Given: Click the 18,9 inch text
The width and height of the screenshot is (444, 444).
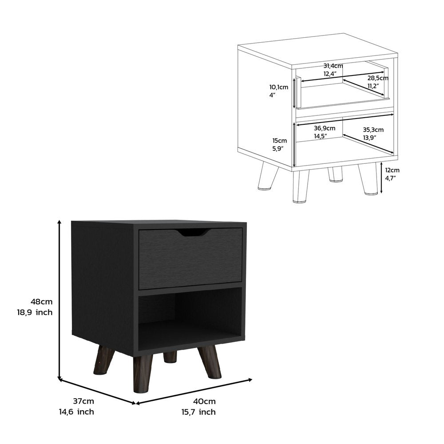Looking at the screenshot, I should (35, 312).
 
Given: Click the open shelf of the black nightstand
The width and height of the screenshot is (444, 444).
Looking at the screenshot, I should (190, 317).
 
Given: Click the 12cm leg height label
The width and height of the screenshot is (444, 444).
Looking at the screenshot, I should (392, 170).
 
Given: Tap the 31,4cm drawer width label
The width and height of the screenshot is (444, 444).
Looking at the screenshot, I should (333, 66).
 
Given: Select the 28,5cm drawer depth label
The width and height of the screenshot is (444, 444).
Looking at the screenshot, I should (377, 78).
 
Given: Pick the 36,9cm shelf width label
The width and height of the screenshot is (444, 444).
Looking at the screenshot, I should (325, 128).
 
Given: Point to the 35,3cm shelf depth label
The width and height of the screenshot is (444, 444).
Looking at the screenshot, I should (373, 130).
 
